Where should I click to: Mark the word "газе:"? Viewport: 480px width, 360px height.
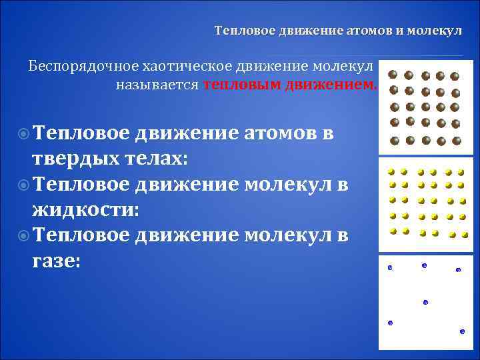pos(56,261)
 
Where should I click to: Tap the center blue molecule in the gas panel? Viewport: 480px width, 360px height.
pos(425,302)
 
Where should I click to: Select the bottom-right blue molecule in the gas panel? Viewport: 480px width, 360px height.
pos(462,331)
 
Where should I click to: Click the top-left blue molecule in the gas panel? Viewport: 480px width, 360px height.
pos(390,268)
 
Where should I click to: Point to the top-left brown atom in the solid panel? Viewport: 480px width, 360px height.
pos(393,75)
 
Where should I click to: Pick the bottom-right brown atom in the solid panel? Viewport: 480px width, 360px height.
pos(457,141)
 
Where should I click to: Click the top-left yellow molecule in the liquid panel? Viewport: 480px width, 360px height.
pos(391,171)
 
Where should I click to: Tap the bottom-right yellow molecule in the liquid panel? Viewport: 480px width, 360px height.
pos(465,235)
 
